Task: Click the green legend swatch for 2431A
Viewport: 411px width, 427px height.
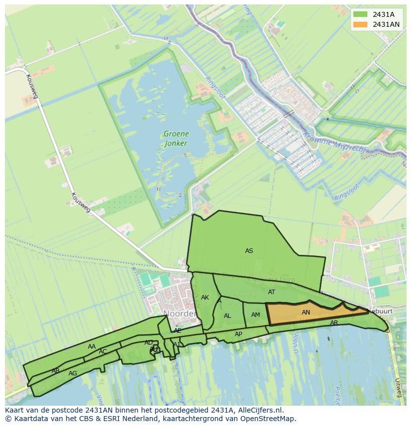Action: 360,14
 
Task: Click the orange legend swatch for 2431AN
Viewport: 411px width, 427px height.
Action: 360,24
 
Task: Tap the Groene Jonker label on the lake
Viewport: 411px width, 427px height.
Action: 176,138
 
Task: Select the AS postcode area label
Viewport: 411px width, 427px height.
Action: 249,251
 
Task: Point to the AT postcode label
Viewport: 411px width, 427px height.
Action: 272,292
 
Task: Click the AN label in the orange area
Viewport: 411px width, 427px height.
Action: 306,312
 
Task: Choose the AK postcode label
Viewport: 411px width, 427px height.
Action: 205,298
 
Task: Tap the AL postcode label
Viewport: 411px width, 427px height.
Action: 227,316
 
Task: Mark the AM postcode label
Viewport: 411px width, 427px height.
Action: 256,315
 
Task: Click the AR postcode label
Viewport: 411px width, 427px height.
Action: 334,323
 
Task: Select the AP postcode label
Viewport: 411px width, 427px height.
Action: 238,334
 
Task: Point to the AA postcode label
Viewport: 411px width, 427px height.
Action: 92,347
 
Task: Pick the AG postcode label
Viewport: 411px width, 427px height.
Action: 72,373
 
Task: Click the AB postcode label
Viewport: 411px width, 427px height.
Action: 56,371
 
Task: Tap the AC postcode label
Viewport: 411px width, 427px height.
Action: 103,352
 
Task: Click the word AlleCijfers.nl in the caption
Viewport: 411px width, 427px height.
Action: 259,410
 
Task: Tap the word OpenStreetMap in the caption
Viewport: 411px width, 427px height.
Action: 268,419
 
